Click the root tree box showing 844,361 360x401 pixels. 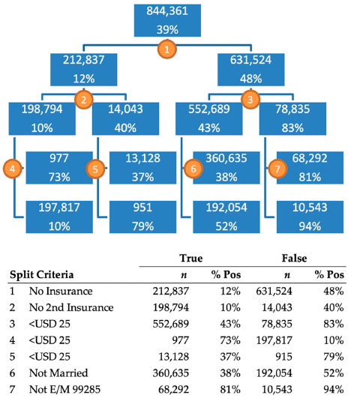[x=168, y=20]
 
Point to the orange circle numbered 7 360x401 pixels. [x=279, y=169]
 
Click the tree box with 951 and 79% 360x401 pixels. [x=137, y=217]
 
